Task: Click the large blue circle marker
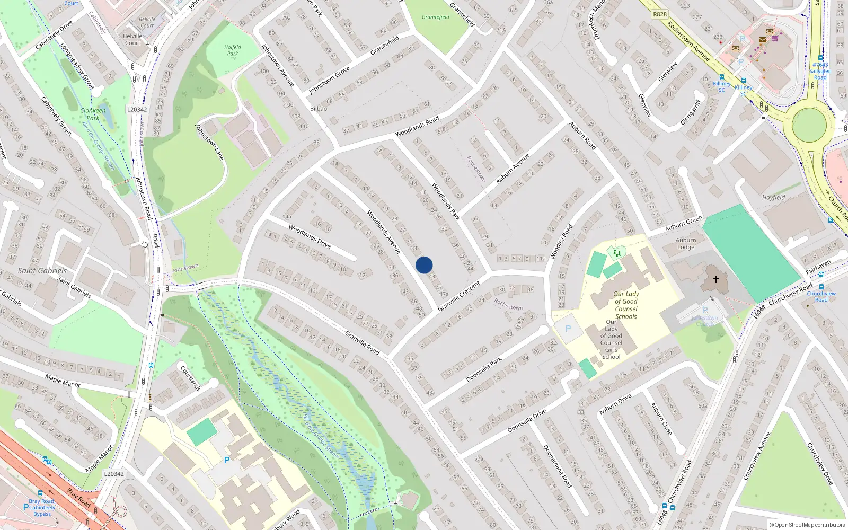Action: [424, 265]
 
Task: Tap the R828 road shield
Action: [660, 14]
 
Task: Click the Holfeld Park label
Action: [232, 50]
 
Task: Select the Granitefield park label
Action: [436, 17]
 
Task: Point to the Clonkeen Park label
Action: [93, 114]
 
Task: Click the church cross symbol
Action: [715, 279]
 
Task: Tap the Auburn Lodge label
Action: [686, 244]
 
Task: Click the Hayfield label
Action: [773, 197]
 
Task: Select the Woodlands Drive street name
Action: [310, 236]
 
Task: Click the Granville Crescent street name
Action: [459, 296]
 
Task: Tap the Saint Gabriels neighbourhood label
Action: [42, 270]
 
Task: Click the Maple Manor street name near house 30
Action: [63, 380]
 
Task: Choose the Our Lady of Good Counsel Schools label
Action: [626, 305]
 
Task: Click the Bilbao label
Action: [319, 108]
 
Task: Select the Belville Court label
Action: [132, 40]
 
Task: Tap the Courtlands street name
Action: [191, 378]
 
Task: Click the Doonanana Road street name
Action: [557, 466]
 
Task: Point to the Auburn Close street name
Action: [661, 419]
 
